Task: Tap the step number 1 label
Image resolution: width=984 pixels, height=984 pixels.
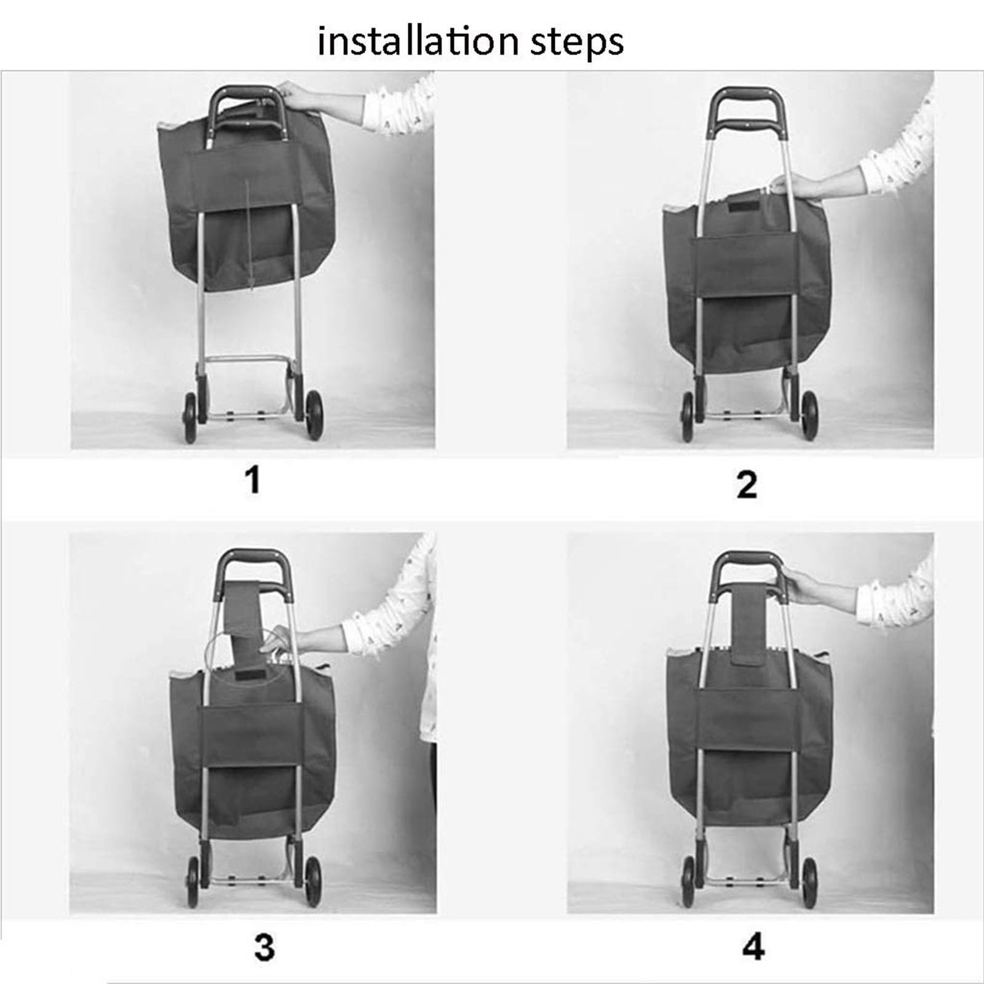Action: tap(252, 480)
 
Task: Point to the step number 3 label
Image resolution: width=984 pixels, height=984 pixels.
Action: tap(264, 948)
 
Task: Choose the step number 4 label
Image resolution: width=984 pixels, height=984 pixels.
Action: tap(753, 948)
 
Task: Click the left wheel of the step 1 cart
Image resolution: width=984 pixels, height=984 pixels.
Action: tap(190, 416)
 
